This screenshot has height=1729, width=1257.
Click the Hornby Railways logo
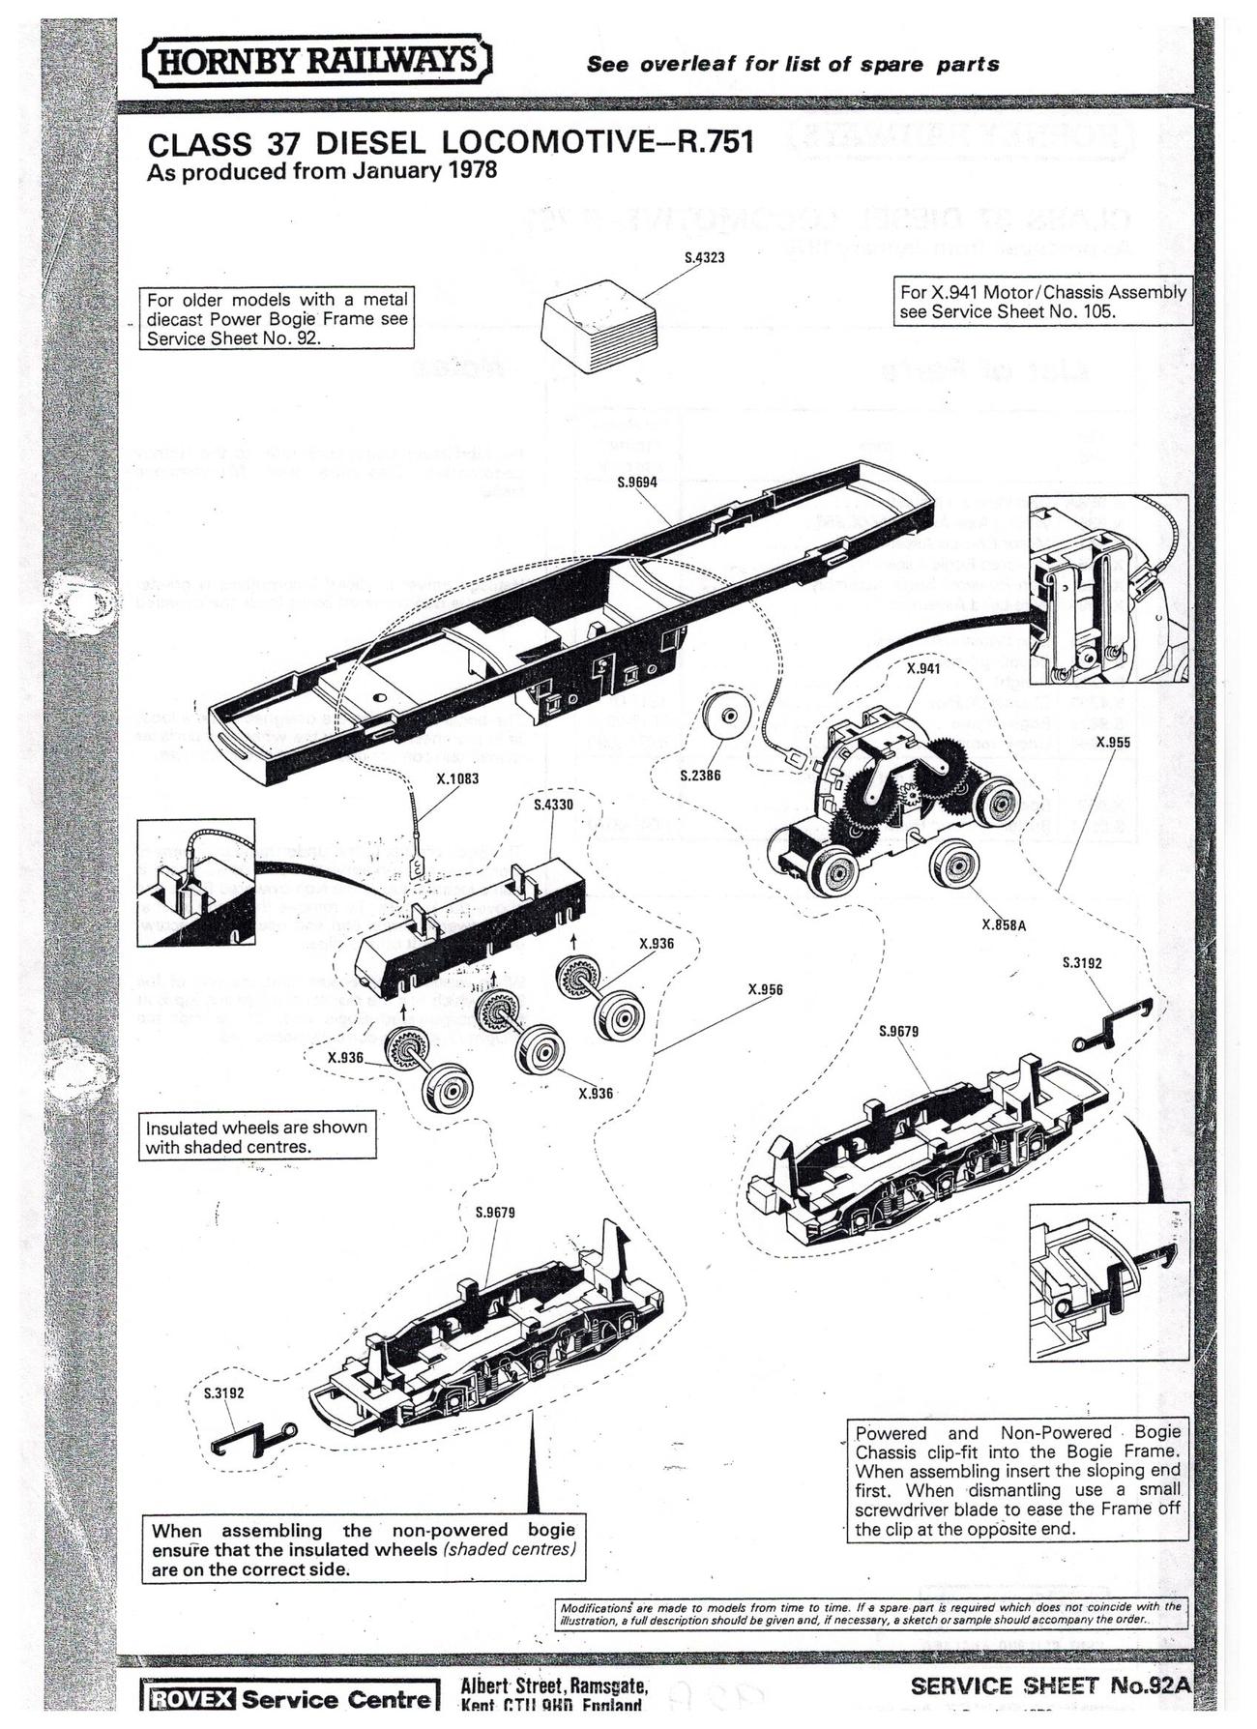(x=316, y=61)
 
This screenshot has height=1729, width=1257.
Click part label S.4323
(x=703, y=258)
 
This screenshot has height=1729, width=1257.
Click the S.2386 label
(x=700, y=776)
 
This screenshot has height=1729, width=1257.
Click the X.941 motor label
(x=922, y=668)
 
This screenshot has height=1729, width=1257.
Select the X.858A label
(x=1003, y=924)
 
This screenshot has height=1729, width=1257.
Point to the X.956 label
(x=765, y=989)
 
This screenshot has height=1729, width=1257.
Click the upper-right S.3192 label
(x=1081, y=963)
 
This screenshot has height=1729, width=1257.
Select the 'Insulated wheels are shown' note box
(x=256, y=1137)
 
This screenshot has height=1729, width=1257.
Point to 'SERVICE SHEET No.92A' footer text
(x=1048, y=1686)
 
